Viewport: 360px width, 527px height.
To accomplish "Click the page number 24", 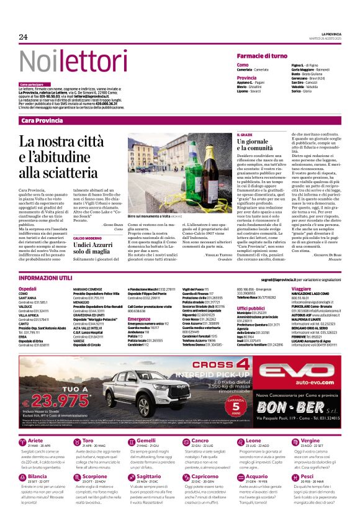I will point(24,37).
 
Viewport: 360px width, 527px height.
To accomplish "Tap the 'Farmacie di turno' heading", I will point(261,56).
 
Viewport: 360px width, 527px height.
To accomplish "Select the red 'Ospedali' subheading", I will point(27,289).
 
